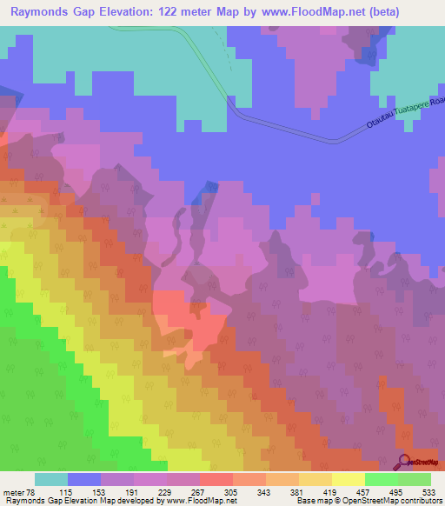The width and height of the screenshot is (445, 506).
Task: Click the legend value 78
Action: [32, 491]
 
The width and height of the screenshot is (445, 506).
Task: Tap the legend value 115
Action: [67, 491]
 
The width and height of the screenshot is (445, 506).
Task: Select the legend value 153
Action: [100, 491]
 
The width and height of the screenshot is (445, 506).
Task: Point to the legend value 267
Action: [199, 491]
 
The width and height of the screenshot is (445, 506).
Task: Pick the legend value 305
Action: [232, 491]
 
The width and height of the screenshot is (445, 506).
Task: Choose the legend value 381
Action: [298, 491]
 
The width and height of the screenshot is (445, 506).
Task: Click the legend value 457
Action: [364, 491]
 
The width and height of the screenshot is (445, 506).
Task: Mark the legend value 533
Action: [429, 491]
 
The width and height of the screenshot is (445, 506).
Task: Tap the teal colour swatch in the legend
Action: [50, 479]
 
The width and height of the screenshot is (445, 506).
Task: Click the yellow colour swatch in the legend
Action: [348, 479]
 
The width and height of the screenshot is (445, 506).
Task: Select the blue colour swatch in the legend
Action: [83, 479]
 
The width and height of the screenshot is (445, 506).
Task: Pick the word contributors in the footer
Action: [419, 501]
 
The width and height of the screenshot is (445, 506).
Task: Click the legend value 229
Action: [166, 491]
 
